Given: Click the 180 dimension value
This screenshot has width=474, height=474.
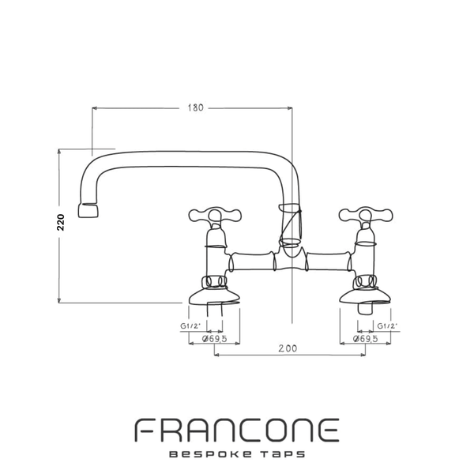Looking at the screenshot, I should coord(194,108).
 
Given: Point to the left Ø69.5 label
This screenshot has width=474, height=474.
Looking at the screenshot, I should coord(214,338).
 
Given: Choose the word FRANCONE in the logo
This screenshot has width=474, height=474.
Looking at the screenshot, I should coord(236,431).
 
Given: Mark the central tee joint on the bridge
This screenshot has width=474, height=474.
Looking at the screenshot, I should coord(291,260).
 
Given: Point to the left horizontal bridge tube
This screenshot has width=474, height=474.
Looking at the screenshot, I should coord(252,261).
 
